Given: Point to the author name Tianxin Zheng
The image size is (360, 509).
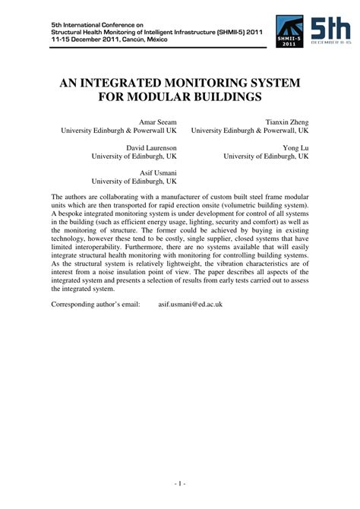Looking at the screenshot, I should [287, 122].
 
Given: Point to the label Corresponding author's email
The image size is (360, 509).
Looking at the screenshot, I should [96, 305].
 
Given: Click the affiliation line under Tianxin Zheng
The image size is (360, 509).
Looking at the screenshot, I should [250, 131].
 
